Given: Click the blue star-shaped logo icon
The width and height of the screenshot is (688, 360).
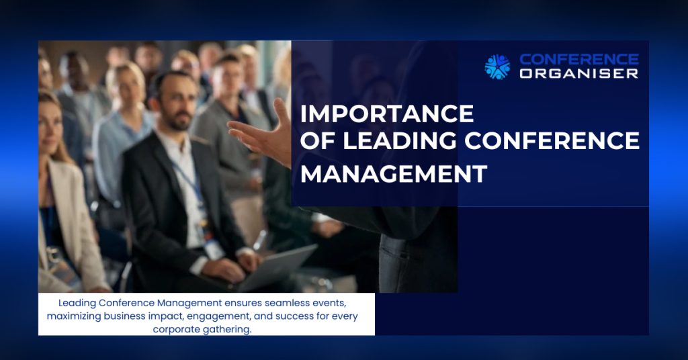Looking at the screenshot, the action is [497, 66].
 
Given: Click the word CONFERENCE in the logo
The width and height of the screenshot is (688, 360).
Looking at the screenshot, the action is [579, 59].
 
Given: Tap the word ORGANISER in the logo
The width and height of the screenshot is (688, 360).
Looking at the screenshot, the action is [579, 74].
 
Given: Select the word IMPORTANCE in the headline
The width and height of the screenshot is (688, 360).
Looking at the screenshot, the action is [387, 114].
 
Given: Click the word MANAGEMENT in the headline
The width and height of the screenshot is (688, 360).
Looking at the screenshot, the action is [394, 174].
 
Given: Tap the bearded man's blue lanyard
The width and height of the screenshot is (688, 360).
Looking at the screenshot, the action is [189, 183].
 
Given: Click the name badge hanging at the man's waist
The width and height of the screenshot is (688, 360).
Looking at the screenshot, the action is [213, 249].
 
